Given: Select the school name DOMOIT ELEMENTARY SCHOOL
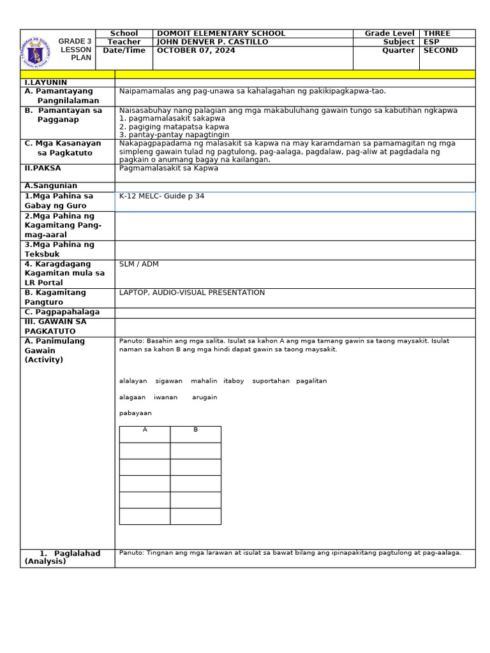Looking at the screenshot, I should click(x=221, y=33).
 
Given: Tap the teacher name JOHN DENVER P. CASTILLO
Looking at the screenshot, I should click(x=212, y=42).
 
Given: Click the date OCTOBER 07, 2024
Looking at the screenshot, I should click(x=196, y=51).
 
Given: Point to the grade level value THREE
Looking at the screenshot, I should click(x=436, y=33).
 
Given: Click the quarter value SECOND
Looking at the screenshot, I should click(x=440, y=51).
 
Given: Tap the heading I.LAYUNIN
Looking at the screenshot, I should click(x=46, y=83).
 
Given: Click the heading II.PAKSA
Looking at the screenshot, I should click(x=43, y=168).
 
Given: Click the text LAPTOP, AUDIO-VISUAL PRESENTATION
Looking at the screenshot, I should click(x=191, y=293).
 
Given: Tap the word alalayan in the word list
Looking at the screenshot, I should click(x=133, y=381).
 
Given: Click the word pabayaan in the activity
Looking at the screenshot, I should click(x=135, y=413).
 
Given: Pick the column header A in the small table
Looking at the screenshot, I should click(x=145, y=430).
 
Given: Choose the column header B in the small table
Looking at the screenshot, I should click(x=196, y=430).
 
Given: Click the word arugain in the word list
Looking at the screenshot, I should click(x=204, y=397).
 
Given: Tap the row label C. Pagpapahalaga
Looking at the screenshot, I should click(x=62, y=312).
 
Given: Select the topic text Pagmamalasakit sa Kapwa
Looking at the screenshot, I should click(x=168, y=168).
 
